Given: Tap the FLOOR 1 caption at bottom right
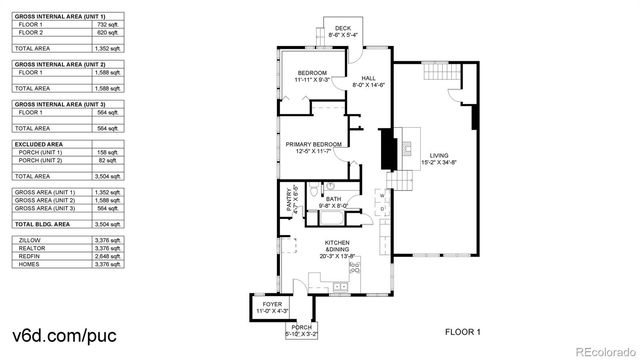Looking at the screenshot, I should pos(463,331).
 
